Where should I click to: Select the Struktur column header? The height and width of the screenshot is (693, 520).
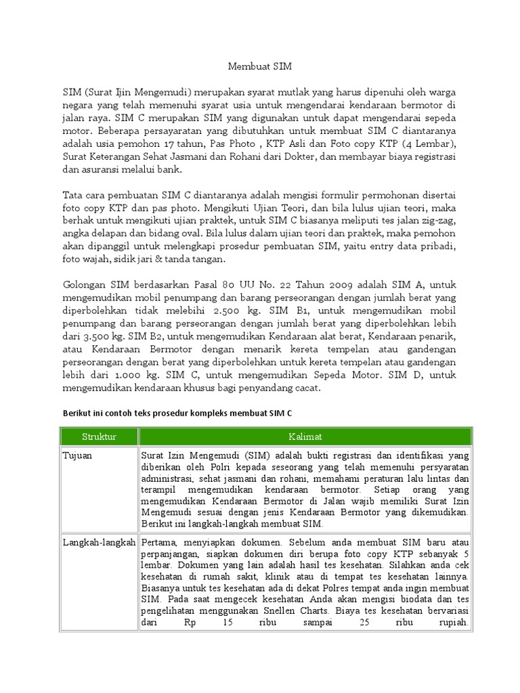click(x=100, y=437)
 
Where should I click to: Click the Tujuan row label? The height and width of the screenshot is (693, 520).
click(x=78, y=455)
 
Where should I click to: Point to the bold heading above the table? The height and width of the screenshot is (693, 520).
click(x=179, y=412)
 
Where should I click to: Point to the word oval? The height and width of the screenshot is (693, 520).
click(x=175, y=234)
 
